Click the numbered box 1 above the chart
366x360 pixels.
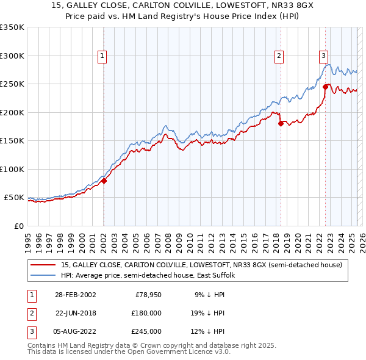pyautogui.click(x=102, y=56)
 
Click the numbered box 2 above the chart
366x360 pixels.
pyautogui.click(x=279, y=56)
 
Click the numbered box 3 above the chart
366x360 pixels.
pyautogui.click(x=323, y=56)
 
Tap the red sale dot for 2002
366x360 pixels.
pyautogui.click(x=104, y=181)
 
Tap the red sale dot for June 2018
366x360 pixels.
pyautogui.click(x=281, y=123)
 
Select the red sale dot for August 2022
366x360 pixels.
pyautogui.click(x=325, y=87)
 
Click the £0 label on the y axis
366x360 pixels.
pyautogui.click(x=18, y=226)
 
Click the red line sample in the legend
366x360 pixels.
pyautogui.click(x=43, y=265)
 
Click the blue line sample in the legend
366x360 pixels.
pyautogui.click(x=43, y=275)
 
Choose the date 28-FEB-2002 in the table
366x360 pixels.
pyautogui.click(x=75, y=295)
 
